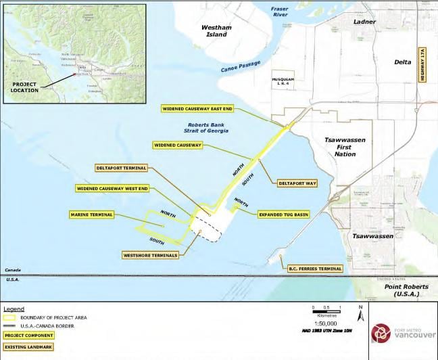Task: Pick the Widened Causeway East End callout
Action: click(197, 108)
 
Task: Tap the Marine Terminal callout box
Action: click(91, 215)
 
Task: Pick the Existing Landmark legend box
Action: click(28, 347)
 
